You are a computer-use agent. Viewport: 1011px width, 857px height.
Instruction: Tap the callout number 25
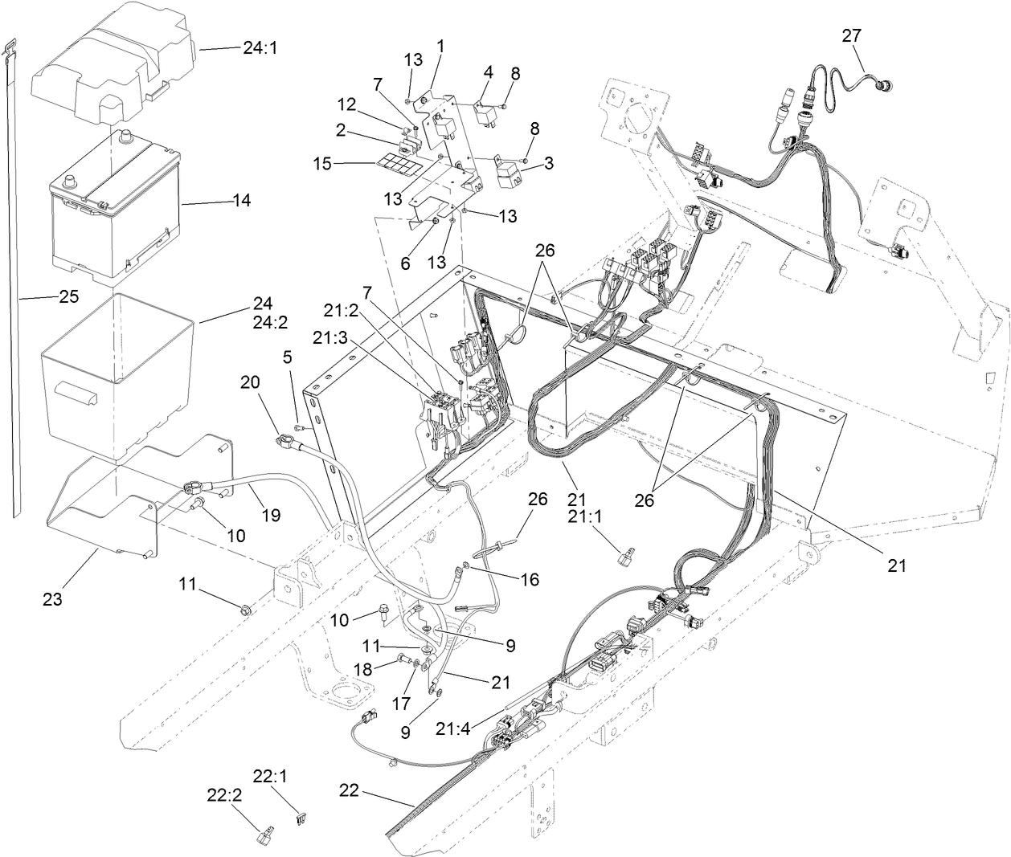68,296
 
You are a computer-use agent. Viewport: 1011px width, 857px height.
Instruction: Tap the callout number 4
487,73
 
